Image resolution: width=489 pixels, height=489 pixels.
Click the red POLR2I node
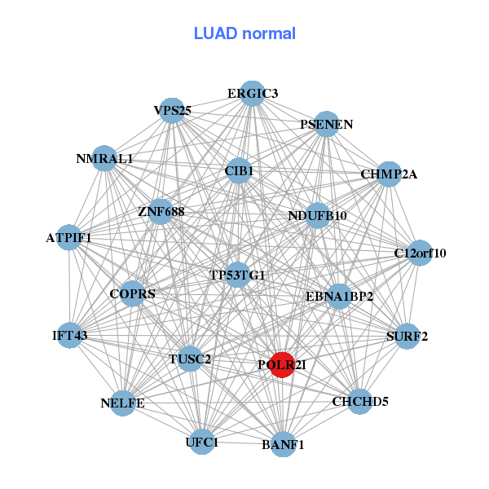point(282,363)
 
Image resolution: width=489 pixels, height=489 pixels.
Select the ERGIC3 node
point(253,94)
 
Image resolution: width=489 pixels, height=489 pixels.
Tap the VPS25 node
point(172,110)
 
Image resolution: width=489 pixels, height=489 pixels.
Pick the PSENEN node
point(326,124)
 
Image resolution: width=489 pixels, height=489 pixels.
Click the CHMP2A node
point(389,174)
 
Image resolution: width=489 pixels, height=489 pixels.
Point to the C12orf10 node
point(420,253)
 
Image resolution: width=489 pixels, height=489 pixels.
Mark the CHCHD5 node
point(360,401)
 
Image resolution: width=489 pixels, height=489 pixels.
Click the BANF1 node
point(283,444)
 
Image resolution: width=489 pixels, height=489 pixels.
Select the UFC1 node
point(202,443)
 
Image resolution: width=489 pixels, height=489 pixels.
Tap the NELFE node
point(123,403)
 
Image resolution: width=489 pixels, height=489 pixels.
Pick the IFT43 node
point(70,335)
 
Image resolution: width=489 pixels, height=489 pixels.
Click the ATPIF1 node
point(69,238)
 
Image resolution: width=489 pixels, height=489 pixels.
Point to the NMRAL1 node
point(104,158)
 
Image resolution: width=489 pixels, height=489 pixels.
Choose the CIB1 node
point(240,171)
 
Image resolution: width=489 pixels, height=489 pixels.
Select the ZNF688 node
point(161,212)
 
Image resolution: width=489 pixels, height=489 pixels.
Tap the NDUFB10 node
point(318,215)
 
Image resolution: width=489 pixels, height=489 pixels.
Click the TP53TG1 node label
point(237,275)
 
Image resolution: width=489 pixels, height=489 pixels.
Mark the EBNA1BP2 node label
point(339,296)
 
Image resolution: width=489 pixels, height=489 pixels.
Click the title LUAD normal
point(244,33)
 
